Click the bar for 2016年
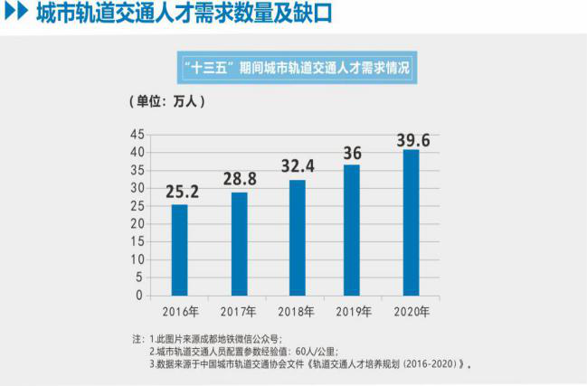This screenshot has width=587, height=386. pos(180,249)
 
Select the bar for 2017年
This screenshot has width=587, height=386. pos(239,243)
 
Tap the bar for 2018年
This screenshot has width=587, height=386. pos(298,237)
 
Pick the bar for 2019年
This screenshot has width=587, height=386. pos(352,230)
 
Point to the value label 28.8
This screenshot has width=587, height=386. pos(239,178)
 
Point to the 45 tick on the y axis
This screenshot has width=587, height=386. pos(137,134)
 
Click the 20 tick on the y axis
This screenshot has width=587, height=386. pos(137,223)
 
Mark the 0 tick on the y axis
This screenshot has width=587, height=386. pos(140,295)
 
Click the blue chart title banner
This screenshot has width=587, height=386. pos(294,68)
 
